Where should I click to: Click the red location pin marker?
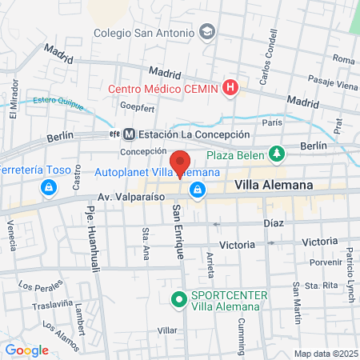click(180, 163)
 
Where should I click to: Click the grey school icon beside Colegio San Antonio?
click(207, 32)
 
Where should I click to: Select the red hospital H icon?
click(230, 86)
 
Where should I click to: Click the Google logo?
click(26, 350)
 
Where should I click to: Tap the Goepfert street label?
click(136, 105)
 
